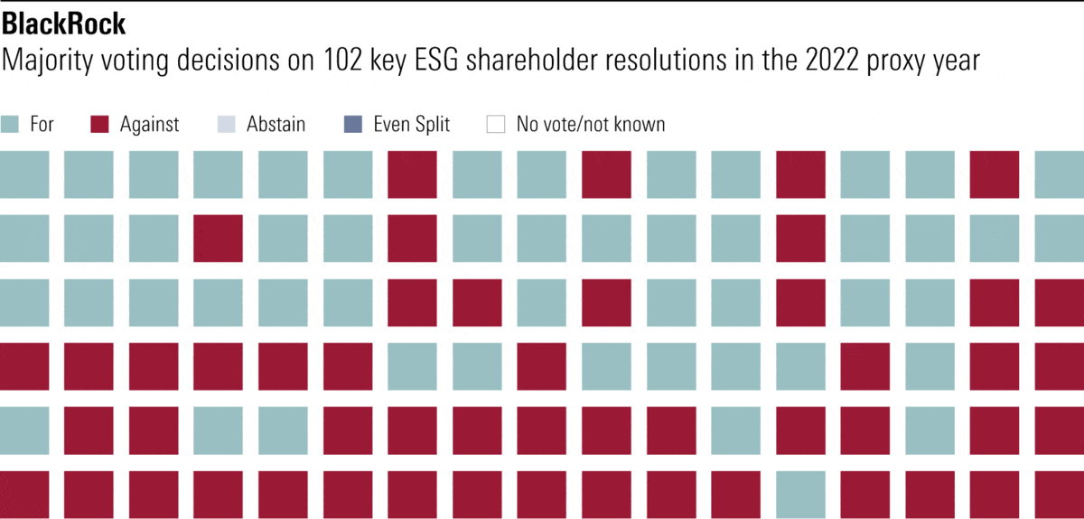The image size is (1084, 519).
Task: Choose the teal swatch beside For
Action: pyautogui.click(x=11, y=124)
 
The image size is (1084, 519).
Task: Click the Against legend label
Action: pyautogui.click(x=149, y=124)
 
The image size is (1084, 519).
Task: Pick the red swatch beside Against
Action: pyautogui.click(x=100, y=124)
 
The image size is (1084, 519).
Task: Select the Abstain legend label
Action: pyautogui.click(x=276, y=124)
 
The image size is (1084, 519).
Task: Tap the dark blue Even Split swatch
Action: pyautogui.click(x=354, y=124)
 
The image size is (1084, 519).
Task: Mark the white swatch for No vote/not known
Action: pyautogui.click(x=496, y=124)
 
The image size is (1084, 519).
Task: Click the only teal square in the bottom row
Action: pyautogui.click(x=800, y=495)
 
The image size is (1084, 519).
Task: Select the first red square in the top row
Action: pyautogui.click(x=412, y=175)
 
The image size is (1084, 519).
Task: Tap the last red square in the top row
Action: pyautogui.click(x=995, y=175)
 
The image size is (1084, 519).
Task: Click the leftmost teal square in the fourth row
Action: pyautogui.click(x=412, y=366)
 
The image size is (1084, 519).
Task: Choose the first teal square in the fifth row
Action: pyautogui.click(x=24, y=430)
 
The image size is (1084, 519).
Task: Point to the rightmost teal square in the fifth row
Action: pyautogui.click(x=930, y=430)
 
